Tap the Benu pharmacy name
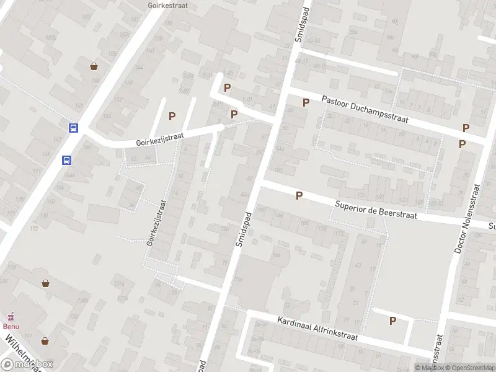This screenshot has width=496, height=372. click(11, 326)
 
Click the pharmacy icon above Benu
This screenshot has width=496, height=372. click(10, 317)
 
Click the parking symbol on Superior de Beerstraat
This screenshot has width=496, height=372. click(299, 196)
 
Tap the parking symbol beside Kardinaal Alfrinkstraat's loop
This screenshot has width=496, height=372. click(392, 321)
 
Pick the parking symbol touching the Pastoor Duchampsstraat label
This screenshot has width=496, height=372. click(306, 102)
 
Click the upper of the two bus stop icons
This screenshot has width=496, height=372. click(73, 128)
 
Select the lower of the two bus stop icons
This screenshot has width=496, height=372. click(66, 160)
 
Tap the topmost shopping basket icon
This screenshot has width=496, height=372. click(94, 66)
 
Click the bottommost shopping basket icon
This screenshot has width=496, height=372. click(45, 341)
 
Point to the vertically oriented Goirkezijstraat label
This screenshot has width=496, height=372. click(157, 223)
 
